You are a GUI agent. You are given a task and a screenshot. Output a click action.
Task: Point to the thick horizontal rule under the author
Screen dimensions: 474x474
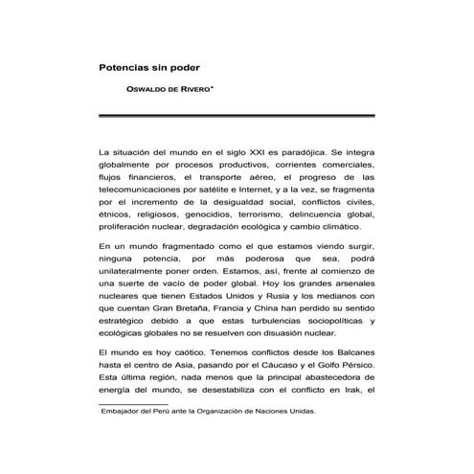(237, 115)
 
